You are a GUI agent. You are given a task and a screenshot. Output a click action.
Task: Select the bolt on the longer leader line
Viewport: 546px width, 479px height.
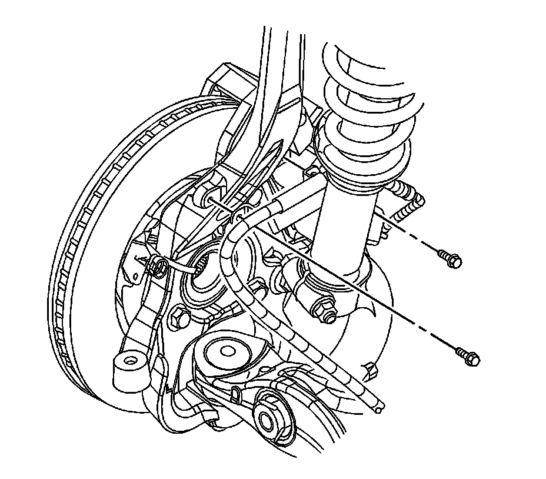click(469, 355)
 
